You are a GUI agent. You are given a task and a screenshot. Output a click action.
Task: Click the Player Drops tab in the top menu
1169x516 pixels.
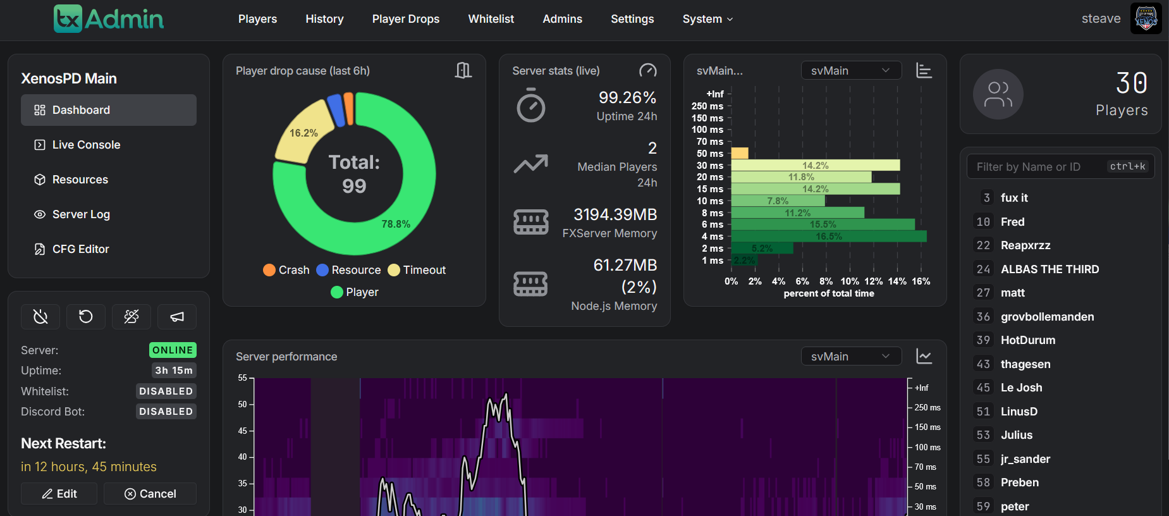(x=405, y=19)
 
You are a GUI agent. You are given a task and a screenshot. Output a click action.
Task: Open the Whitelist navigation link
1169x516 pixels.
(x=491, y=19)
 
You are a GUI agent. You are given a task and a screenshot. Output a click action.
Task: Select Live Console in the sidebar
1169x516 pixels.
(x=86, y=145)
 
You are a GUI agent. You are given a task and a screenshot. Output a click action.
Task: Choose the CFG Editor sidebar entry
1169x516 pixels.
(x=80, y=249)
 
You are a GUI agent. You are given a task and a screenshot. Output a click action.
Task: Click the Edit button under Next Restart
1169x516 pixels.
(x=59, y=494)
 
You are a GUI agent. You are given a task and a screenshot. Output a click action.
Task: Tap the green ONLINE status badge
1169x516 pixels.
(x=173, y=350)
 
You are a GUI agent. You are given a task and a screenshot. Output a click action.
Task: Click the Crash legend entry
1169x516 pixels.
(x=286, y=270)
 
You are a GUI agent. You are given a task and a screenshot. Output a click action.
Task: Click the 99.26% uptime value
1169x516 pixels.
(x=627, y=97)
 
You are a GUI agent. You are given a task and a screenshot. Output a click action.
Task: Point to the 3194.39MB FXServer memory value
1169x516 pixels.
(x=615, y=214)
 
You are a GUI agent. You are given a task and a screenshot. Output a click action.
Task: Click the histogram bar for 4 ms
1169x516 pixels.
(x=828, y=236)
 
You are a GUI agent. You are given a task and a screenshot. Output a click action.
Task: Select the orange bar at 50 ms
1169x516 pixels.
(x=740, y=153)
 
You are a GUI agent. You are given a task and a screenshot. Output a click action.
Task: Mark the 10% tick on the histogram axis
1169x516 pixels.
(x=850, y=281)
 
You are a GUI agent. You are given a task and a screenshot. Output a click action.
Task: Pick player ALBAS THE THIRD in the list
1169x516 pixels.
(x=1050, y=269)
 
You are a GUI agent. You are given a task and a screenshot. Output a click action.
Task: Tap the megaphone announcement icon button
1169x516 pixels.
(x=177, y=317)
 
